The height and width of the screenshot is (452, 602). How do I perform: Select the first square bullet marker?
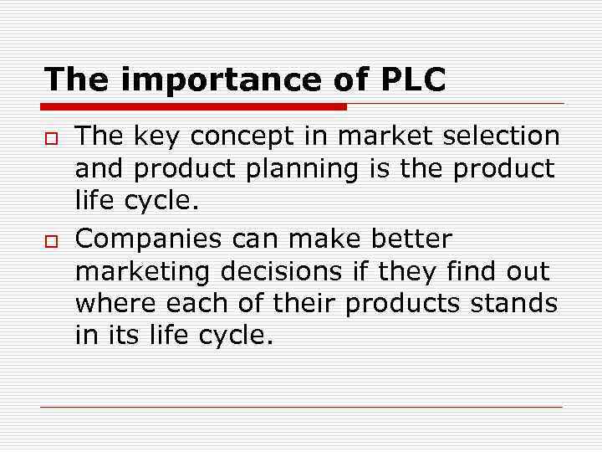tap(50, 136)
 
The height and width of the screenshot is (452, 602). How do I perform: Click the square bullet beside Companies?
tap(50, 240)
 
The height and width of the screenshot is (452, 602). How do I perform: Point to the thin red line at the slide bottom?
tap(301, 408)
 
